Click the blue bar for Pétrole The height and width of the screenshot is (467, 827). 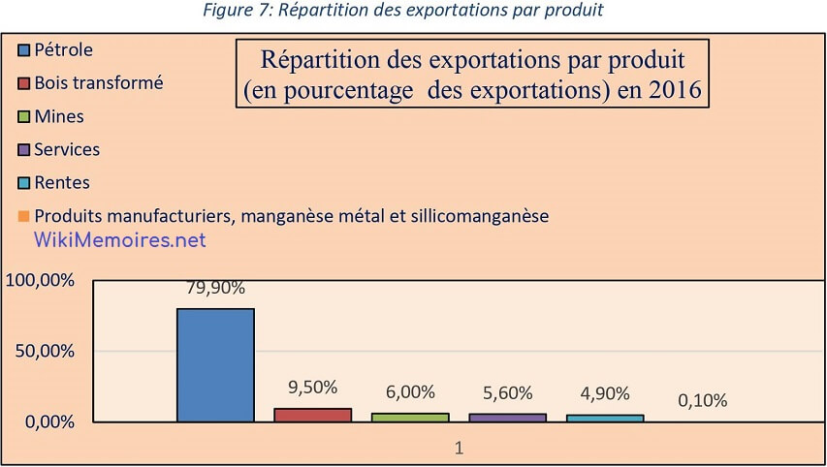tap(215, 365)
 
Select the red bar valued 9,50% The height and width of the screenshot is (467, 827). tap(312, 415)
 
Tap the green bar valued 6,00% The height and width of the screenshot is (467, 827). tap(410, 417)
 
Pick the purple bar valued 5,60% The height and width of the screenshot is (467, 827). tap(507, 418)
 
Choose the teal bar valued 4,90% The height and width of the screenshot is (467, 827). tap(605, 418)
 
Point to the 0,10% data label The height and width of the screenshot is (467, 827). tap(702, 400)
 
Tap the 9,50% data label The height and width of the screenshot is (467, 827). tap(312, 387)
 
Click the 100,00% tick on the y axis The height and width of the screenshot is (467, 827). tap(40, 281)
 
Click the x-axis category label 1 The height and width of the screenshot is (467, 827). tap(460, 448)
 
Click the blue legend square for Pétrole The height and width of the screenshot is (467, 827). tap(24, 49)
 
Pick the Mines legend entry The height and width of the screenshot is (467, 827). tap(58, 116)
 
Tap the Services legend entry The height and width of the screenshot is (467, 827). tap(66, 149)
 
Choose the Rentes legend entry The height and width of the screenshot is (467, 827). tap(61, 182)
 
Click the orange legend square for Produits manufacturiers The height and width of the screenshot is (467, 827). tap(24, 216)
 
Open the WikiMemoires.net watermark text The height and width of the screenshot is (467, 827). tap(120, 239)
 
